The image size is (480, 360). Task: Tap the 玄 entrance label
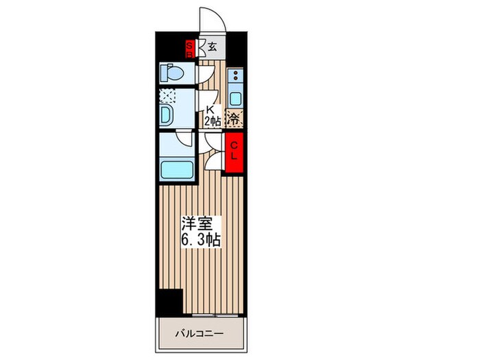[213, 47]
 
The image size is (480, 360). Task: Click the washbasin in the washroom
[167, 114]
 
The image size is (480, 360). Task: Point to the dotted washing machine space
[167, 97]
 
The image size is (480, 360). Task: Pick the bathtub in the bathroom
[176, 168]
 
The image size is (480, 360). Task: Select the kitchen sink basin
[235, 95]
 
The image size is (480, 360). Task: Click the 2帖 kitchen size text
[211, 121]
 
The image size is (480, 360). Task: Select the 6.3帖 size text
[200, 240]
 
